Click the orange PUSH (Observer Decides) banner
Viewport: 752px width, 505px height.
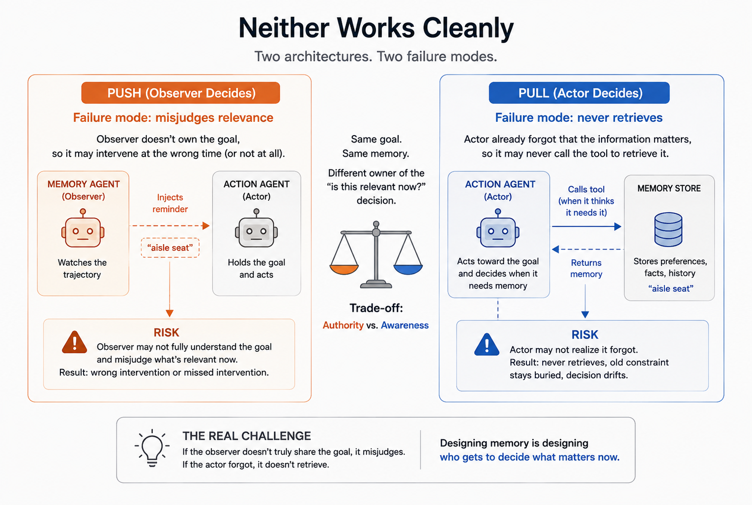coord(180,93)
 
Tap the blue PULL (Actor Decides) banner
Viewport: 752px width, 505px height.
coord(579,93)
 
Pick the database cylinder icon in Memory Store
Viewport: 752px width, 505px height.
coord(668,229)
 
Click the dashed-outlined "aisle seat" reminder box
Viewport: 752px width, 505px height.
coord(170,248)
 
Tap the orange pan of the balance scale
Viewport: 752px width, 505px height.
coord(344,269)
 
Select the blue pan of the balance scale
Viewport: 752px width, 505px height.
coord(408,269)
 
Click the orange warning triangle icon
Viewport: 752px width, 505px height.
coord(75,342)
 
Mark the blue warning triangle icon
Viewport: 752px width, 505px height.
coord(487,344)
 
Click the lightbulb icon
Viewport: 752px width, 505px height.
coord(152,448)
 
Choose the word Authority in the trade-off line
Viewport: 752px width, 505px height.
coord(343,325)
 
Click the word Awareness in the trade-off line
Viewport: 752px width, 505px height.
coord(405,325)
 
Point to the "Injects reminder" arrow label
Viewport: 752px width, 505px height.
coord(170,203)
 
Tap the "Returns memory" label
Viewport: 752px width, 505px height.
coord(586,268)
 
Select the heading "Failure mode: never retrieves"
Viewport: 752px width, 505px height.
coord(579,117)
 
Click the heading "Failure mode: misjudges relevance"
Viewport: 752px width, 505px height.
coord(173,118)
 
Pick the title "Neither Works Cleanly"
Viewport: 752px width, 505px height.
coord(376,28)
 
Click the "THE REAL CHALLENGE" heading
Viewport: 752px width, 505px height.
coord(247,436)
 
